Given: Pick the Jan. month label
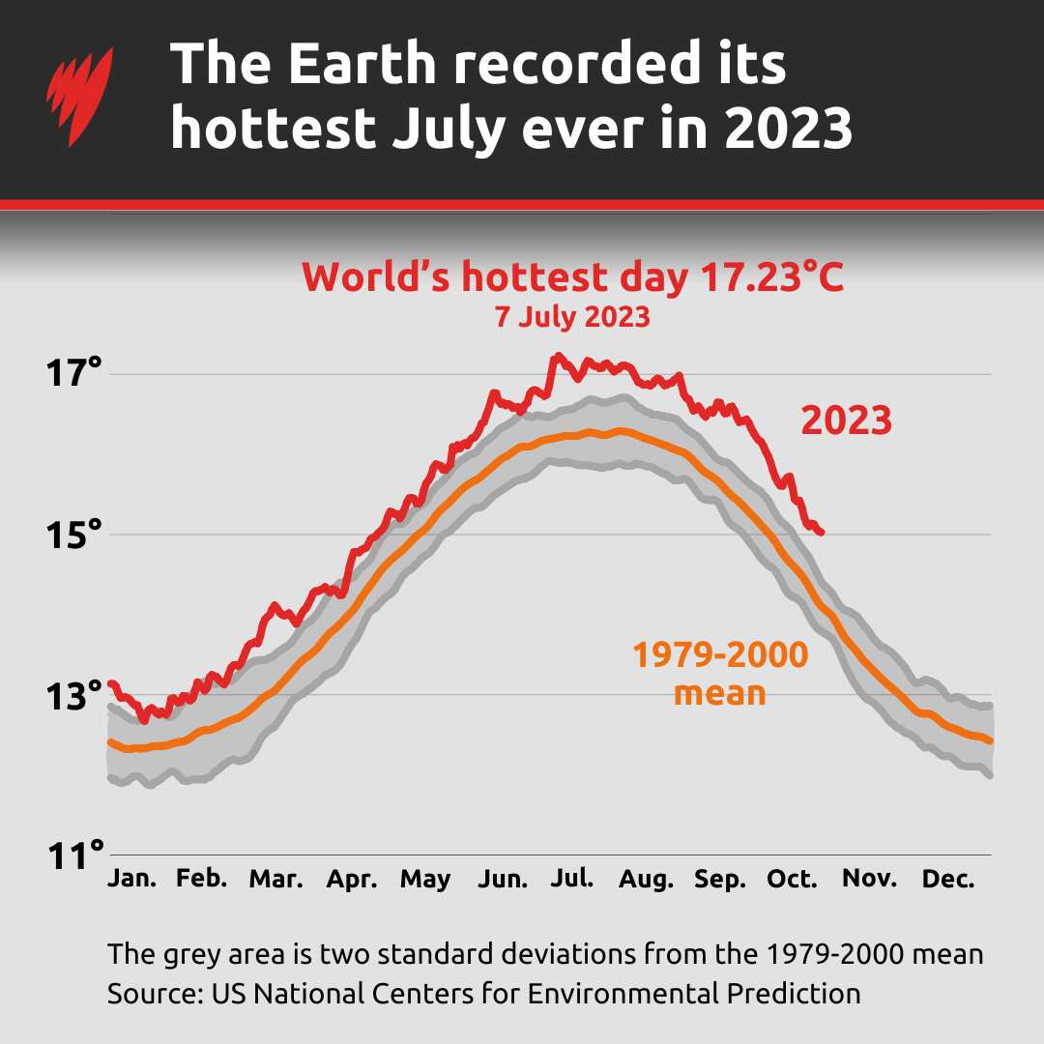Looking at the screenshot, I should point(131,879).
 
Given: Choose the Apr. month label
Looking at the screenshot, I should point(352,879).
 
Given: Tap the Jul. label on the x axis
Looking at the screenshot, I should point(572,879).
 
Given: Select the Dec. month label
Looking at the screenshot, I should point(942,879).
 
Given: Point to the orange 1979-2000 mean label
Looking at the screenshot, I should point(720,673).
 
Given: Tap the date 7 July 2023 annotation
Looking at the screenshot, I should point(572,317).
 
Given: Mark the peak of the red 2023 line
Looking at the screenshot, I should point(558,357).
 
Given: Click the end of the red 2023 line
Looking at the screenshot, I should point(821,532).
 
